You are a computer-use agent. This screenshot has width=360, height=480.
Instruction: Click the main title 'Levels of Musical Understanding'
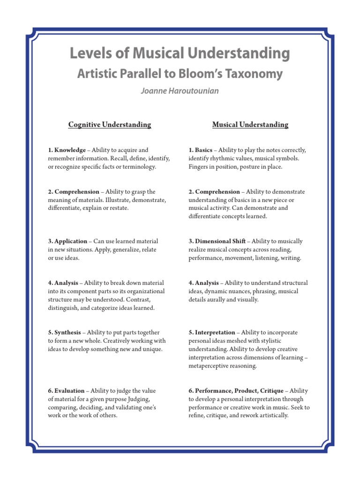point(180,53)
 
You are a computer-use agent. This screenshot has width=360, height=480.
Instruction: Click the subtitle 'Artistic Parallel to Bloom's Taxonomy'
point(180,74)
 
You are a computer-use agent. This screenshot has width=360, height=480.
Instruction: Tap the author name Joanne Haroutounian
point(180,91)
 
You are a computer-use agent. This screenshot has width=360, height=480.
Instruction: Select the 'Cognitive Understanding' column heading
point(110,125)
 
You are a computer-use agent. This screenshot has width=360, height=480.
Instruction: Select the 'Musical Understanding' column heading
point(250,125)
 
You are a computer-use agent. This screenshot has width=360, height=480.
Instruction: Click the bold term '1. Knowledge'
point(67,150)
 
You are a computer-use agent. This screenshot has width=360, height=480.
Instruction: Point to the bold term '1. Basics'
point(201,150)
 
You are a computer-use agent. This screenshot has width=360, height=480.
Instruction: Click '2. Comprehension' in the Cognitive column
point(73,192)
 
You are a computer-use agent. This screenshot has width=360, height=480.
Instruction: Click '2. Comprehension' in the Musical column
point(214,192)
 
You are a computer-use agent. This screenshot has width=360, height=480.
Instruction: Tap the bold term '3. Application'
point(67,241)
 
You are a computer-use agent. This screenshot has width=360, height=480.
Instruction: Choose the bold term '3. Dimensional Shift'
point(217,241)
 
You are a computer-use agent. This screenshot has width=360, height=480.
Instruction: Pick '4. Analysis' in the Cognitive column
point(63,283)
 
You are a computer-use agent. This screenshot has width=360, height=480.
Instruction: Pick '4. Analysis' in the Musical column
point(204,283)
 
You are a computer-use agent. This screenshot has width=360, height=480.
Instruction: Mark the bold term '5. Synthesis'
point(64,332)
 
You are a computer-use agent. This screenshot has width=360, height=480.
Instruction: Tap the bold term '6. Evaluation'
point(66,390)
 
